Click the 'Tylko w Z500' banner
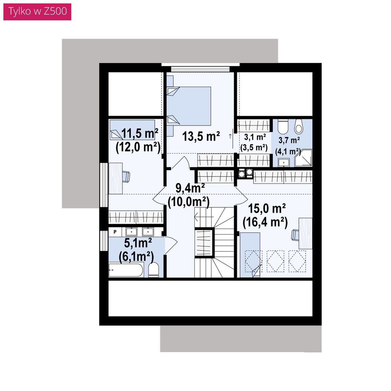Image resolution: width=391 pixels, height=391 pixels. click(x=37, y=12)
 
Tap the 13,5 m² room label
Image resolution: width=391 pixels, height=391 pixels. click(x=201, y=136)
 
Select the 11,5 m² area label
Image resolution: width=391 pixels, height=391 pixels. click(x=139, y=133)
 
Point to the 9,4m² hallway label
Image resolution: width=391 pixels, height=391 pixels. click(x=190, y=188)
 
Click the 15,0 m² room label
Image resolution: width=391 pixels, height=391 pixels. click(x=267, y=208)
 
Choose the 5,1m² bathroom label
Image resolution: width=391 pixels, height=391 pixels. click(x=138, y=243)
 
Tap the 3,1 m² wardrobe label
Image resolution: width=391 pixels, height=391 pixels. click(x=255, y=137)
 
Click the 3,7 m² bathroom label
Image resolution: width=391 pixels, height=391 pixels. click(x=289, y=140)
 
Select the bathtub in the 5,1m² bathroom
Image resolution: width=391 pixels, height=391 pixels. click(x=126, y=270)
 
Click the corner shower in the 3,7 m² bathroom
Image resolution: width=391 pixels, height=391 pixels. click(x=303, y=158)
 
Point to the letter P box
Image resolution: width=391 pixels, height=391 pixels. click(x=115, y=232)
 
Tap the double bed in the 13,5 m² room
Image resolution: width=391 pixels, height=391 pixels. click(x=189, y=106)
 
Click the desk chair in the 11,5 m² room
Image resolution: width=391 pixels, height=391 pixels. click(x=126, y=177)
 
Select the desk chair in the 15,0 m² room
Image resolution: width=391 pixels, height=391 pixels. click(x=295, y=235)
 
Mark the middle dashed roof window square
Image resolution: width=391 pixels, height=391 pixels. click(x=275, y=261)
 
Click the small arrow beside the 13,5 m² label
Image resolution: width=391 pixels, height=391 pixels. click(x=230, y=136)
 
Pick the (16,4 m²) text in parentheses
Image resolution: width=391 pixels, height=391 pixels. click(x=265, y=222)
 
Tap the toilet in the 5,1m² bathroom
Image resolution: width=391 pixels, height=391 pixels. click(x=154, y=269)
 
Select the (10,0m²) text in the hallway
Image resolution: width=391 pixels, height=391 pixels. click(x=188, y=202)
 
